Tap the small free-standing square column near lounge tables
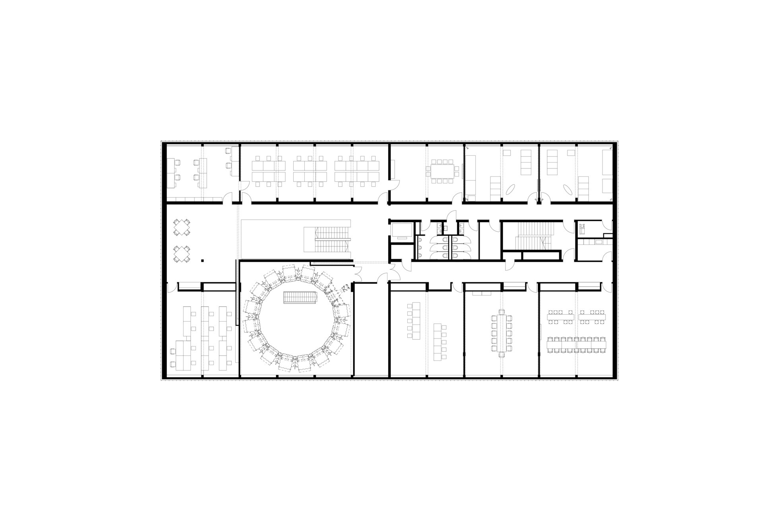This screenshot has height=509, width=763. (202, 260)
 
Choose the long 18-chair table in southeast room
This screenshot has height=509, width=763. (577, 344)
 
